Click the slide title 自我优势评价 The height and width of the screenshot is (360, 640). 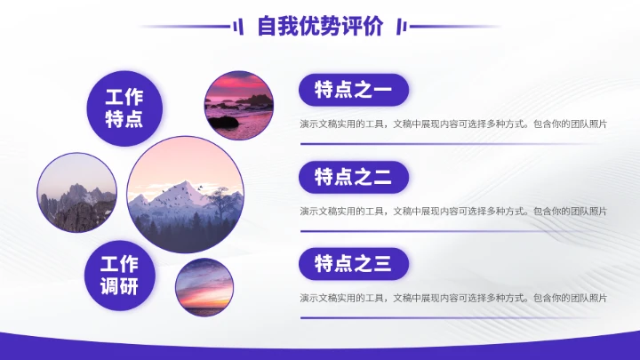pyautogui.click(x=320, y=27)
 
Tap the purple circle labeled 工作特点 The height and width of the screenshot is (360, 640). pyautogui.click(x=124, y=108)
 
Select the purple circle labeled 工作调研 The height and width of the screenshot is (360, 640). pyautogui.click(x=118, y=276)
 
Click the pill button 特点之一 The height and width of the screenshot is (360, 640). pyautogui.click(x=353, y=90)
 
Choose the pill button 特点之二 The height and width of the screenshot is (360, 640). pyautogui.click(x=353, y=177)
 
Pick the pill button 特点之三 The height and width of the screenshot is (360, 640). pyautogui.click(x=353, y=263)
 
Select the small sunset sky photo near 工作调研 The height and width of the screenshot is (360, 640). pyautogui.click(x=204, y=287)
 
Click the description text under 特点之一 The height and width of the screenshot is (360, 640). pyautogui.click(x=453, y=124)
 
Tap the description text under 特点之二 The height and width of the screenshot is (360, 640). pyautogui.click(x=453, y=211)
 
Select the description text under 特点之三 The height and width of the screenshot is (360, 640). pyautogui.click(x=453, y=297)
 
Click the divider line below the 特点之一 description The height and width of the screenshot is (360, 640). pyautogui.click(x=453, y=144)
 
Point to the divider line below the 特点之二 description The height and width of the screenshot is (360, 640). pyautogui.click(x=453, y=231)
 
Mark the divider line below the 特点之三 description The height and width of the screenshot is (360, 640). pyautogui.click(x=453, y=317)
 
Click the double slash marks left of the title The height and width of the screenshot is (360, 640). pyautogui.click(x=238, y=27)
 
